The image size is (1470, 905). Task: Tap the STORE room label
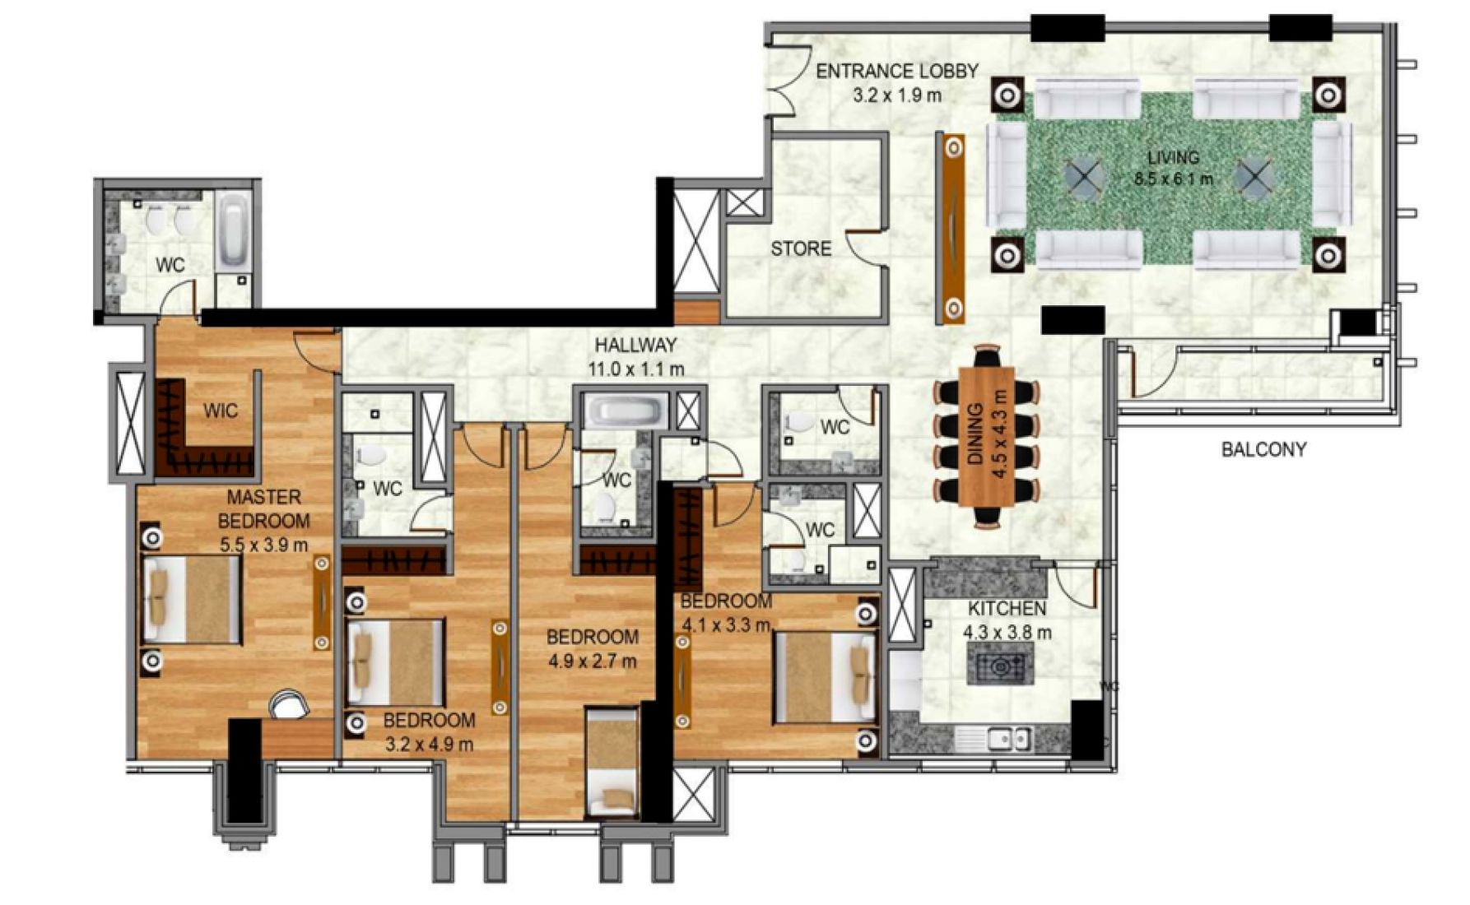coord(800,248)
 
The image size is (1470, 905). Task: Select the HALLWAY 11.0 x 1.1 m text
coord(635,356)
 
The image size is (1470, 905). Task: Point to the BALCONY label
coord(1263,449)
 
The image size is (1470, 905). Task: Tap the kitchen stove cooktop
coord(1000,665)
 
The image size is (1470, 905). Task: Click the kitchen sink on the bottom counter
coord(1009,740)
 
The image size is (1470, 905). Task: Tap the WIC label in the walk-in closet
coord(220,411)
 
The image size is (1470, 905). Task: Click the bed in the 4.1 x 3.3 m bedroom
coord(824,676)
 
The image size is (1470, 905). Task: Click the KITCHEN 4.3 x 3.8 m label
coord(1007,620)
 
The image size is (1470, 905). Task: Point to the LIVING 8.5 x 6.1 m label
coord(1173,167)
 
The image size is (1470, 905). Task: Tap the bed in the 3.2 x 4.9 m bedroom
coord(395,662)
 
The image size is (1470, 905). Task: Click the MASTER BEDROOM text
coord(263,509)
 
